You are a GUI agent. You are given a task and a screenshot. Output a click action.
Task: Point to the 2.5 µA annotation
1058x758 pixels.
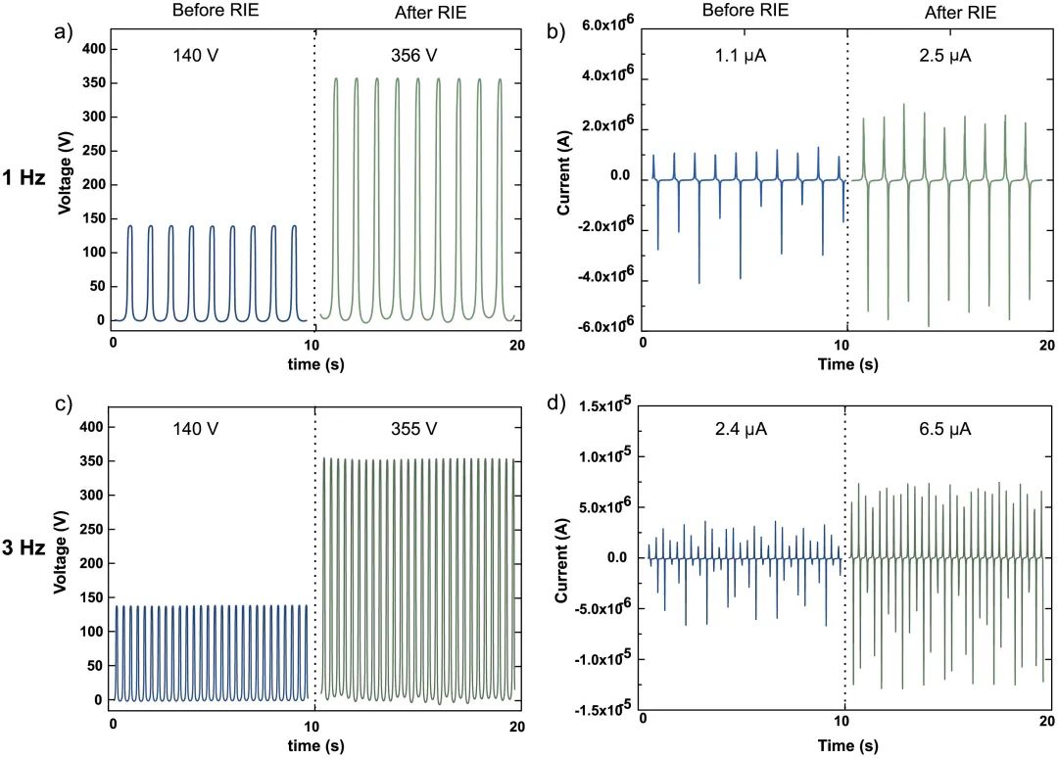(x=946, y=55)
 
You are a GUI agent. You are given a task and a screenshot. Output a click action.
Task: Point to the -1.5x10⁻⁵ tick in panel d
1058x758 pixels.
(x=594, y=710)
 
